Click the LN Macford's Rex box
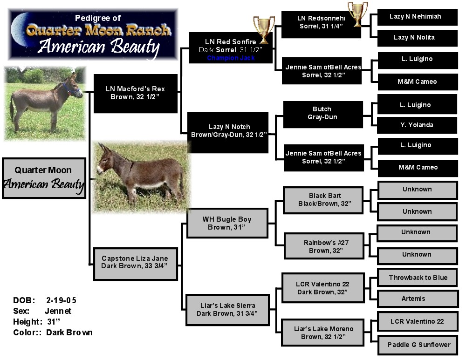tap(136, 94)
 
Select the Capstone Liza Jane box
tap(136, 264)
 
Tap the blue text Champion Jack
tap(231, 58)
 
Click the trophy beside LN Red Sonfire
tap(264, 29)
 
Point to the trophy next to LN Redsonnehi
tap(358, 14)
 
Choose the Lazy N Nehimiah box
tap(417, 17)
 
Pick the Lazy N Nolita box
tap(417, 38)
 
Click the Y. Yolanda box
tap(417, 125)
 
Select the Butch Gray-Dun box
tap(323, 115)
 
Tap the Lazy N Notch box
tap(228, 132)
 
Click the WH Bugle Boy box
tap(227, 224)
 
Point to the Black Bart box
tap(323, 200)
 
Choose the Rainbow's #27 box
tap(324, 246)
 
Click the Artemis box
tap(418, 299)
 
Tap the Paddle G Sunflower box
tap(418, 345)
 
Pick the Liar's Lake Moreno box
tap(323, 333)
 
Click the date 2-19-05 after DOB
tap(61, 300)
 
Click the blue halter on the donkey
tap(71, 90)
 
